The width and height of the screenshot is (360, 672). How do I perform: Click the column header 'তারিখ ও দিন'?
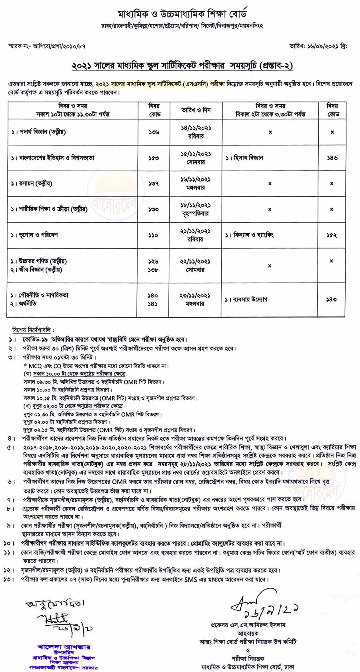(196, 110)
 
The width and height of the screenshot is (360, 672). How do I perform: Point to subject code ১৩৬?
(154, 132)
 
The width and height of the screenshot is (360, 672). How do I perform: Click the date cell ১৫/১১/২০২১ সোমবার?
(196, 158)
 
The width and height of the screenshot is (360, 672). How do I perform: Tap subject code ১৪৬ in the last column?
(332, 158)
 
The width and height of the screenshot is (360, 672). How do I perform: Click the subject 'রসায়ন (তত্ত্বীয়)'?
(36, 184)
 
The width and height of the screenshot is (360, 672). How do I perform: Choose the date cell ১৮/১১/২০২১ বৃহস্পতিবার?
(196, 209)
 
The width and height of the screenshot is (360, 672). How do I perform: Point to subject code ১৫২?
(332, 235)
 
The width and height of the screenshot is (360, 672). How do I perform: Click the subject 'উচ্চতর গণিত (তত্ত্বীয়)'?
(42, 261)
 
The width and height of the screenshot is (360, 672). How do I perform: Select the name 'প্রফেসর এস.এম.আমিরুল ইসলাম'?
(248, 625)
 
